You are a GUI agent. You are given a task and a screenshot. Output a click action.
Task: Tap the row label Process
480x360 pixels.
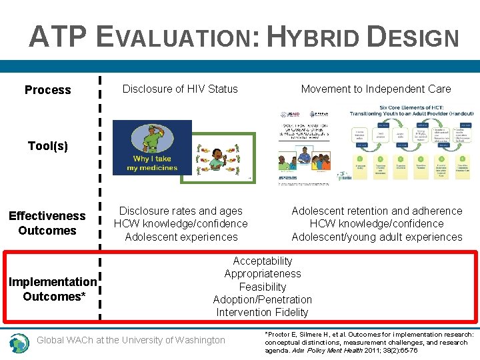(x=47, y=90)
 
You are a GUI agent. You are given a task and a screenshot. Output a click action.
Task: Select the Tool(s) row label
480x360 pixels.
(x=47, y=145)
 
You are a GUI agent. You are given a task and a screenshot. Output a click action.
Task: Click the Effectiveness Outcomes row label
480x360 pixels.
(x=47, y=223)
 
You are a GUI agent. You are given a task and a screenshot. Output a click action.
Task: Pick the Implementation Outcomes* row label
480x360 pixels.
(x=53, y=289)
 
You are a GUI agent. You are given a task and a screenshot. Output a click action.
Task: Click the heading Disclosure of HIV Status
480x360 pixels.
(x=180, y=89)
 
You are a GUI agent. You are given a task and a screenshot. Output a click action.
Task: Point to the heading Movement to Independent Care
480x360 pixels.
(x=375, y=89)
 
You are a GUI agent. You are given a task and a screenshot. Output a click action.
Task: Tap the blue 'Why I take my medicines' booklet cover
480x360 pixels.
(x=152, y=147)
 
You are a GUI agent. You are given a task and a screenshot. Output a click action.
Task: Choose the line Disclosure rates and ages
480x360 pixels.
(x=181, y=211)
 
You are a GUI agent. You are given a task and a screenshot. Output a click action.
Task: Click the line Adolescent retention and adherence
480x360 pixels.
(x=377, y=211)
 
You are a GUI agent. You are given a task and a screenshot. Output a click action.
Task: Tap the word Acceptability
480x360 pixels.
(x=263, y=261)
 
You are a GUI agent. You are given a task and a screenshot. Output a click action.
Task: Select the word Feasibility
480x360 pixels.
(x=263, y=287)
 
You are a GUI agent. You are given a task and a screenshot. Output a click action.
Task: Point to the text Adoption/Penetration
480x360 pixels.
(x=263, y=300)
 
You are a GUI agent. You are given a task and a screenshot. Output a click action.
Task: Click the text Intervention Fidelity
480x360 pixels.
(x=263, y=313)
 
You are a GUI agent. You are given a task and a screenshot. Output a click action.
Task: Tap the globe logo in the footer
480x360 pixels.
(x=19, y=343)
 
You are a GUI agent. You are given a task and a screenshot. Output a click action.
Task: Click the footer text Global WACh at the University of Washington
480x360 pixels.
(x=131, y=341)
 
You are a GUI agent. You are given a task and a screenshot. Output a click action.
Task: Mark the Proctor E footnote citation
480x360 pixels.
(x=369, y=343)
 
